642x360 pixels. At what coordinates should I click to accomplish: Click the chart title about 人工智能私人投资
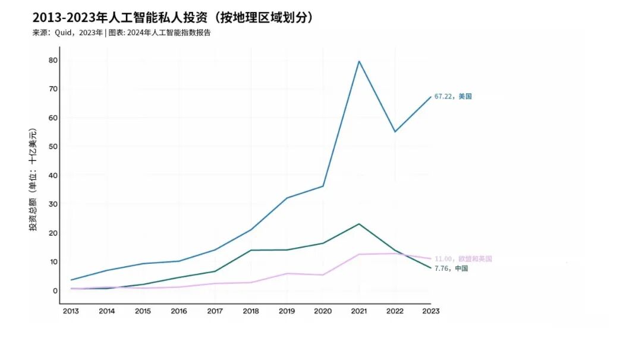pyautogui.click(x=172, y=17)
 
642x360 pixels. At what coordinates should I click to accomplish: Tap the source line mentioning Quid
pyautogui.click(x=121, y=33)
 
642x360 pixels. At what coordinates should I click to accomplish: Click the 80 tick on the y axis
pyautogui.click(x=53, y=60)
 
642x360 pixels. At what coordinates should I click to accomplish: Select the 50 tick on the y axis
pyautogui.click(x=53, y=146)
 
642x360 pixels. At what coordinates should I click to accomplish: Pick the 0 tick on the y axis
pyautogui.click(x=55, y=290)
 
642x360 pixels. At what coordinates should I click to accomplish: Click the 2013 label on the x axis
pyautogui.click(x=71, y=311)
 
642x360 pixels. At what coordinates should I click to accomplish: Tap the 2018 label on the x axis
pyautogui.click(x=251, y=311)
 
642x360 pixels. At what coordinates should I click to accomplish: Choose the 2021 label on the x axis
pyautogui.click(x=358, y=311)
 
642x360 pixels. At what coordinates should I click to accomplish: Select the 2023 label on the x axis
pyautogui.click(x=430, y=311)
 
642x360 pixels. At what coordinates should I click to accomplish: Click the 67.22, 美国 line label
pyautogui.click(x=453, y=96)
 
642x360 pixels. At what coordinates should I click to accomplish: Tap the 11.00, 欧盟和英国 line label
pyautogui.click(x=463, y=259)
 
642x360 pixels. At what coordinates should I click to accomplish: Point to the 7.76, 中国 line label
pyautogui.click(x=451, y=269)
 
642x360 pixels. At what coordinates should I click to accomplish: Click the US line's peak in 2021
pyautogui.click(x=359, y=61)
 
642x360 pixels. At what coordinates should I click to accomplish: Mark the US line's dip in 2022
pyautogui.click(x=395, y=132)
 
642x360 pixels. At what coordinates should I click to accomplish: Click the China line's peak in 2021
pyautogui.click(x=359, y=224)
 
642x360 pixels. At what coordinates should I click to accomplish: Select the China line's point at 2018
pyautogui.click(x=251, y=250)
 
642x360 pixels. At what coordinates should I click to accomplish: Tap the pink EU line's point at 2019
pyautogui.click(x=287, y=273)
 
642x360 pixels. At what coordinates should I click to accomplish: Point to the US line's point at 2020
pyautogui.click(x=323, y=187)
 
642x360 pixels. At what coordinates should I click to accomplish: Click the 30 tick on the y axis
pyautogui.click(x=53, y=204)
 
